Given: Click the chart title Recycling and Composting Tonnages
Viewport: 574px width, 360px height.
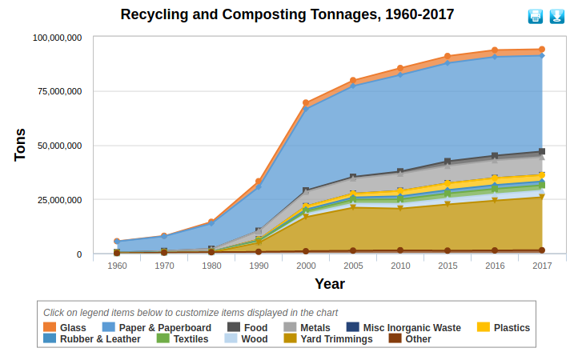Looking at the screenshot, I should click(287, 14).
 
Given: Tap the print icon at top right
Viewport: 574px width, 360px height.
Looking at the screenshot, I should click(535, 17).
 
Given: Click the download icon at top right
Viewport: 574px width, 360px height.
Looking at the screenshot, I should click(556, 17).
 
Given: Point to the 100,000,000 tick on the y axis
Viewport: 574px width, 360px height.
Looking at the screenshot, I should click(56, 38).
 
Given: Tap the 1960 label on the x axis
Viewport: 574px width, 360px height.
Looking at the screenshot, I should click(117, 266).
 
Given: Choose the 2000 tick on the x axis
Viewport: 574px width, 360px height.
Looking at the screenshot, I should click(306, 266).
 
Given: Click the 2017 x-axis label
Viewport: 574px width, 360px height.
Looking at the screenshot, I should click(542, 266).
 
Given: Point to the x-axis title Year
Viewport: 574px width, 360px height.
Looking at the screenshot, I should click(329, 283).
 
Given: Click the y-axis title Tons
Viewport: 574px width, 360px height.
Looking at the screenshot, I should click(21, 145).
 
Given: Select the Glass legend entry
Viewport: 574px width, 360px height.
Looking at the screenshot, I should click(65, 327).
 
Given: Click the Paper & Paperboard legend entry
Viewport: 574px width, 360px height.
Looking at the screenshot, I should click(157, 327).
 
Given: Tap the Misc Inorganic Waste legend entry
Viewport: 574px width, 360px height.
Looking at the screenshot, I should click(403, 327).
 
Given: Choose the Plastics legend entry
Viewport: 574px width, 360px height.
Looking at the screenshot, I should click(504, 327).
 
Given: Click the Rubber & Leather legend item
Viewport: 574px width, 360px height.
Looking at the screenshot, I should click(92, 339).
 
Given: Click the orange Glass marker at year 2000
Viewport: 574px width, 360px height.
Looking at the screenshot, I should click(306, 103).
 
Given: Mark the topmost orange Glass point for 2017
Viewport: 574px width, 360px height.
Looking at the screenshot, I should click(542, 50).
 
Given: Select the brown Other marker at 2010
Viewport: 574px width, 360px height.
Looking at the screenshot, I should click(400, 250).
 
